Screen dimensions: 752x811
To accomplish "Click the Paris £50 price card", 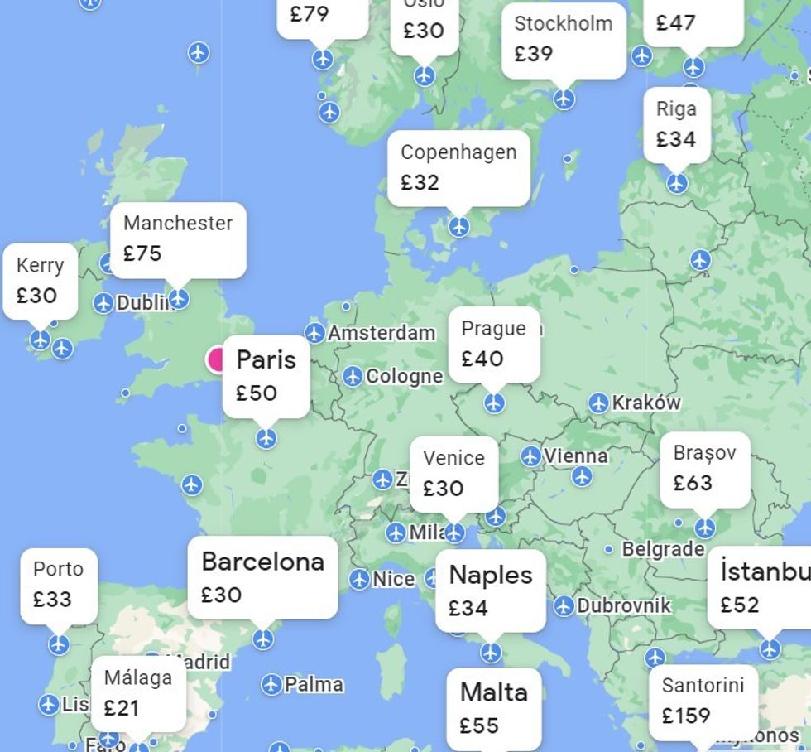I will point(266,376).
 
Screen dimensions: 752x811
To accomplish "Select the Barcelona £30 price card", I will point(262,577).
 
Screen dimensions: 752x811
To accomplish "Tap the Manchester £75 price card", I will point(178,239).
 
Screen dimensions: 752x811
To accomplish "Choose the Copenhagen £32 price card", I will point(458,167).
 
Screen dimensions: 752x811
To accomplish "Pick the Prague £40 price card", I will point(494,344).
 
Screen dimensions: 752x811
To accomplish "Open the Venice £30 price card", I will point(453,473).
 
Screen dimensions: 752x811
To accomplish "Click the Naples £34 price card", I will point(491,591).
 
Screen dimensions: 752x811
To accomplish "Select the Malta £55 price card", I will point(494,708).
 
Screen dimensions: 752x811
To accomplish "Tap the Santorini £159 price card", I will point(703,700).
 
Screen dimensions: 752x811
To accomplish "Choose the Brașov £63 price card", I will point(704,468).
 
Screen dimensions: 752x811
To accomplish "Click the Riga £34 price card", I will point(676,124).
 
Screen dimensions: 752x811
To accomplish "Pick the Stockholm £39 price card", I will point(564,39).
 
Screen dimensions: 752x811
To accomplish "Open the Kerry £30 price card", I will point(40,281).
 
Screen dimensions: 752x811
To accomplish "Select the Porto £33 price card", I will point(58,585).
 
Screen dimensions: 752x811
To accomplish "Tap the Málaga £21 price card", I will point(138,693).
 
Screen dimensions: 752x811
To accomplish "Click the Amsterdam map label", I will point(381,333).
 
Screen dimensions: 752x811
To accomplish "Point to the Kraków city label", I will point(645,403).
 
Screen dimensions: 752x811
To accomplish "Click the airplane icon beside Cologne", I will point(353,376).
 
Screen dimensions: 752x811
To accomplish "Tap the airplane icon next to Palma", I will point(271,685).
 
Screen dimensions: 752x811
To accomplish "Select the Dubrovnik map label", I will point(623,606).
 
